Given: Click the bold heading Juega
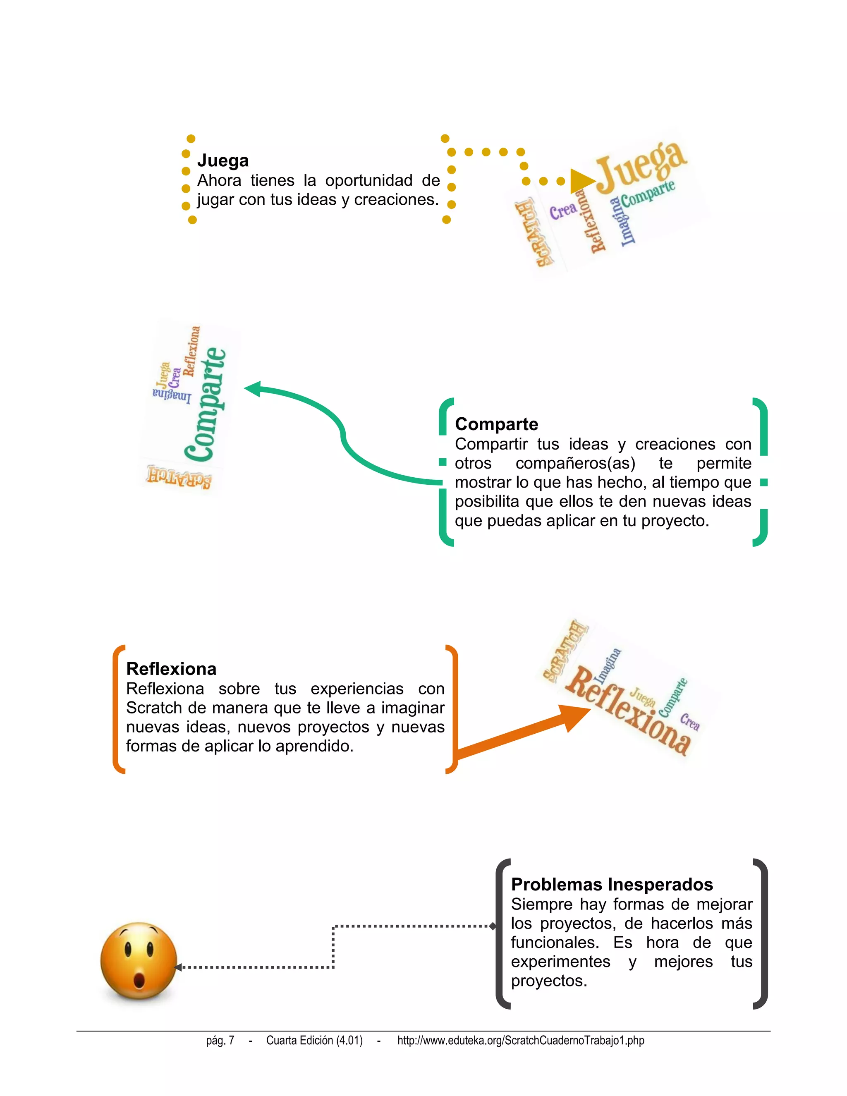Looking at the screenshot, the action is [223, 160].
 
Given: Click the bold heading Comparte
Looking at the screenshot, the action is [496, 424].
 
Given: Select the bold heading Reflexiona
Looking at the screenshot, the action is [171, 669].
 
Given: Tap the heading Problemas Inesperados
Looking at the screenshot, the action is [612, 884].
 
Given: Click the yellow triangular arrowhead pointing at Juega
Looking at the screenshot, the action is [582, 181].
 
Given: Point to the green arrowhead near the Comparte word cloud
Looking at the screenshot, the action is [252, 389].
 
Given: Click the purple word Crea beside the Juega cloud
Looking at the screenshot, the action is [562, 211].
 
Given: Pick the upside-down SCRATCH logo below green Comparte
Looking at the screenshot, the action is [179, 476].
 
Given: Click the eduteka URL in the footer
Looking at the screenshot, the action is [520, 1040].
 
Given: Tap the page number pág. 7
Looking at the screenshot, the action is [220, 1040].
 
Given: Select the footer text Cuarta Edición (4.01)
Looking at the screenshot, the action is [314, 1040].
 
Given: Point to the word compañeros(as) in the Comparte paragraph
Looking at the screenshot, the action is [575, 463].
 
